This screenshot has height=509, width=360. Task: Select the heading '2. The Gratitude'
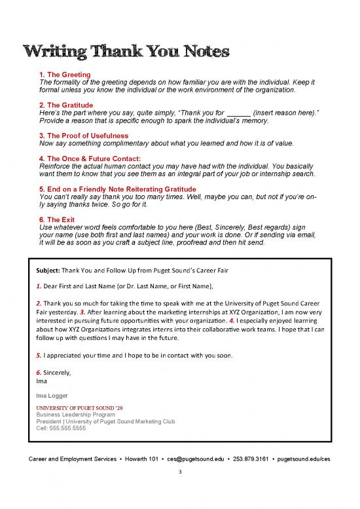[66, 105]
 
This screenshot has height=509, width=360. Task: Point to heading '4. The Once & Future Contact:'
[90, 159]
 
